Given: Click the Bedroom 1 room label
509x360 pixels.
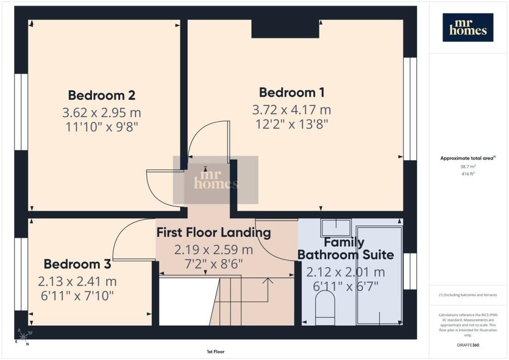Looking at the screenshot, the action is coord(291,92).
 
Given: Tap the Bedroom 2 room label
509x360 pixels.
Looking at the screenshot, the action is coord(101,95).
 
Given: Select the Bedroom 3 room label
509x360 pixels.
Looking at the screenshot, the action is coord(77,264).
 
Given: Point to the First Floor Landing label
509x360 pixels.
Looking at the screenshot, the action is coord(214,233).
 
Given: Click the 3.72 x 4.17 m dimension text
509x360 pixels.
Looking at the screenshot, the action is coord(291,110).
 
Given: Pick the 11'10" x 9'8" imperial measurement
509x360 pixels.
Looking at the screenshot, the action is coord(102,127).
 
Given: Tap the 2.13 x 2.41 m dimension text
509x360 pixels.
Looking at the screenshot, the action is coord(77,281).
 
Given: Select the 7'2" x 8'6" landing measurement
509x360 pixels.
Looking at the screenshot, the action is coord(214,264).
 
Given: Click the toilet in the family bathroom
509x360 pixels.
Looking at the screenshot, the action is coord(325,307).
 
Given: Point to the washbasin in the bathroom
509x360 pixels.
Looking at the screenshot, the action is coord(336,227).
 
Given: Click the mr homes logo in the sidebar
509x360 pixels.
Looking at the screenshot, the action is coord(468,27).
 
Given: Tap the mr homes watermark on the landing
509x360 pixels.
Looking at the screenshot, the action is coord(216,180).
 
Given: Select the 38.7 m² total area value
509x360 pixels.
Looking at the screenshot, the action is coord(468,167).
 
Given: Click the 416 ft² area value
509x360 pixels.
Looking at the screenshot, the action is coord(468,174).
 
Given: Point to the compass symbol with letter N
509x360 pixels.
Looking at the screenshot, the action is coord(24,337).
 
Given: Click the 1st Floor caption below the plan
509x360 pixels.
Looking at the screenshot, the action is coord(216,352).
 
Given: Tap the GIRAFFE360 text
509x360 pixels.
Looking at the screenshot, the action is coord(468,345).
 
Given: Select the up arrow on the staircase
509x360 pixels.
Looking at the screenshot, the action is coord(268,290).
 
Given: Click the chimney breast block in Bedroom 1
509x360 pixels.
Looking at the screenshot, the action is coord(285,28).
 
